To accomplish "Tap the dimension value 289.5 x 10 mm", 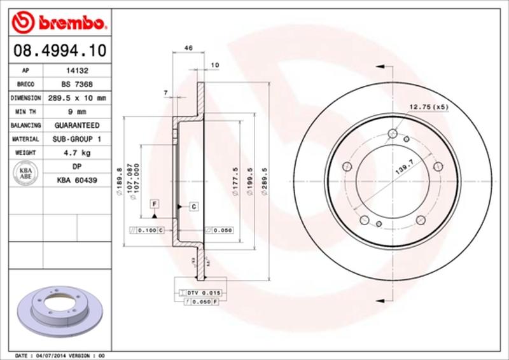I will pos(77,98).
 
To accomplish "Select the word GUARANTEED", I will pos(77,125).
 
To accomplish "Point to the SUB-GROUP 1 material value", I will pos(77,139).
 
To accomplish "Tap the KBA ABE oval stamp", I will pos(26,174).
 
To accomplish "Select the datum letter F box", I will pos(154,204).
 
